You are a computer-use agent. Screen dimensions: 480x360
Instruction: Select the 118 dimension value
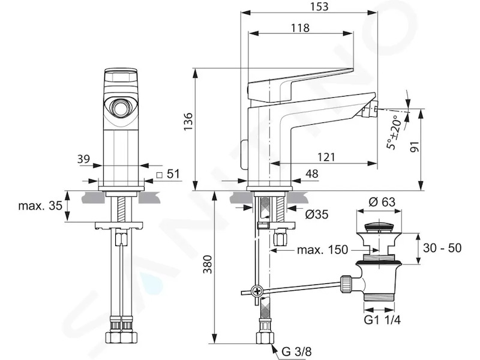pyautogui.click(x=300, y=28)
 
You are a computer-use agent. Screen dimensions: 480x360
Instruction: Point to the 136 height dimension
pyautogui.click(x=188, y=121)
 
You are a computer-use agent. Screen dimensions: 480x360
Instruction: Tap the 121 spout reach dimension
pyautogui.click(x=326, y=157)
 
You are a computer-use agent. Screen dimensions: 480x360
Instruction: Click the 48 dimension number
pyautogui.click(x=312, y=174)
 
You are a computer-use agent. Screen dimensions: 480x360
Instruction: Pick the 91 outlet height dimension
pyautogui.click(x=414, y=146)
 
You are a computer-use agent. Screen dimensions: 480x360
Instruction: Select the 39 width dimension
pyautogui.click(x=83, y=159)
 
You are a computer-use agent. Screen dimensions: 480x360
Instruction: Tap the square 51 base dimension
pyautogui.click(x=168, y=174)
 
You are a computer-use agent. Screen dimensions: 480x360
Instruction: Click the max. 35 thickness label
pyautogui.click(x=40, y=205)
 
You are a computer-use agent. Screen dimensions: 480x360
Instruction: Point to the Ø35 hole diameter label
pyautogui.click(x=317, y=214)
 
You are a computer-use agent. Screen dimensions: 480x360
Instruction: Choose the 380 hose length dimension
pyautogui.click(x=208, y=264)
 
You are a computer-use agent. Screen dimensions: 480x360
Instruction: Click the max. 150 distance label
pyautogui.click(x=323, y=250)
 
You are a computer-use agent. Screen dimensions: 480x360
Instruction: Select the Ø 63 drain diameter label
pyautogui.click(x=382, y=202)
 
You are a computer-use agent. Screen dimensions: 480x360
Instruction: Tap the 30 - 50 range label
pyautogui.click(x=442, y=248)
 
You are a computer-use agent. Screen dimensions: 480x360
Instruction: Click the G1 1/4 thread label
pyautogui.click(x=382, y=320)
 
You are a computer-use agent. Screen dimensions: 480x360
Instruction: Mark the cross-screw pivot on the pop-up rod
pyautogui.click(x=256, y=291)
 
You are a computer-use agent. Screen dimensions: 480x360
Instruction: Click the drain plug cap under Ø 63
pyautogui.click(x=380, y=227)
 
